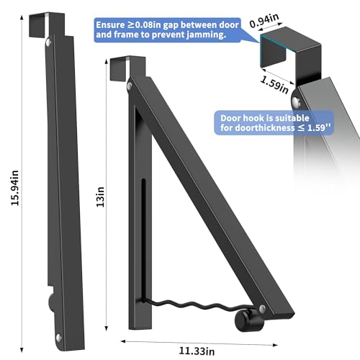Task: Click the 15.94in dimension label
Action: click(15, 188)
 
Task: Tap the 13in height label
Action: click(100, 197)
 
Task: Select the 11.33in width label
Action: click(197, 351)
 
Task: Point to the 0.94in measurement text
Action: click(264, 20)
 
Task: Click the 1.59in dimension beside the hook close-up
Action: click(274, 85)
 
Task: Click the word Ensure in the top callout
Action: click(110, 25)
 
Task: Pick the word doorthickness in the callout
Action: click(264, 127)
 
